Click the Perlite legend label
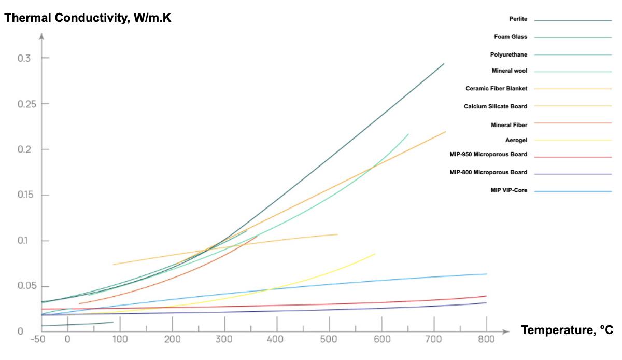(x=518, y=19)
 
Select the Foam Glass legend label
(x=511, y=37)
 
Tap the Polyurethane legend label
(x=508, y=54)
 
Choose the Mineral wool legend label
(x=510, y=71)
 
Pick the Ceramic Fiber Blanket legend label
(x=496, y=88)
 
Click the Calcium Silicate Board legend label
(x=496, y=106)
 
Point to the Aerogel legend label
(x=516, y=140)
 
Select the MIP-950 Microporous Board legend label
(x=488, y=154)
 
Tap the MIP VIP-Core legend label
(x=508, y=190)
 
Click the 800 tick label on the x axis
(x=486, y=340)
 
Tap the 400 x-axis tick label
(x=277, y=340)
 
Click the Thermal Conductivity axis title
(x=88, y=18)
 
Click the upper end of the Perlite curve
(x=444, y=64)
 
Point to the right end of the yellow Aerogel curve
(x=375, y=254)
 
